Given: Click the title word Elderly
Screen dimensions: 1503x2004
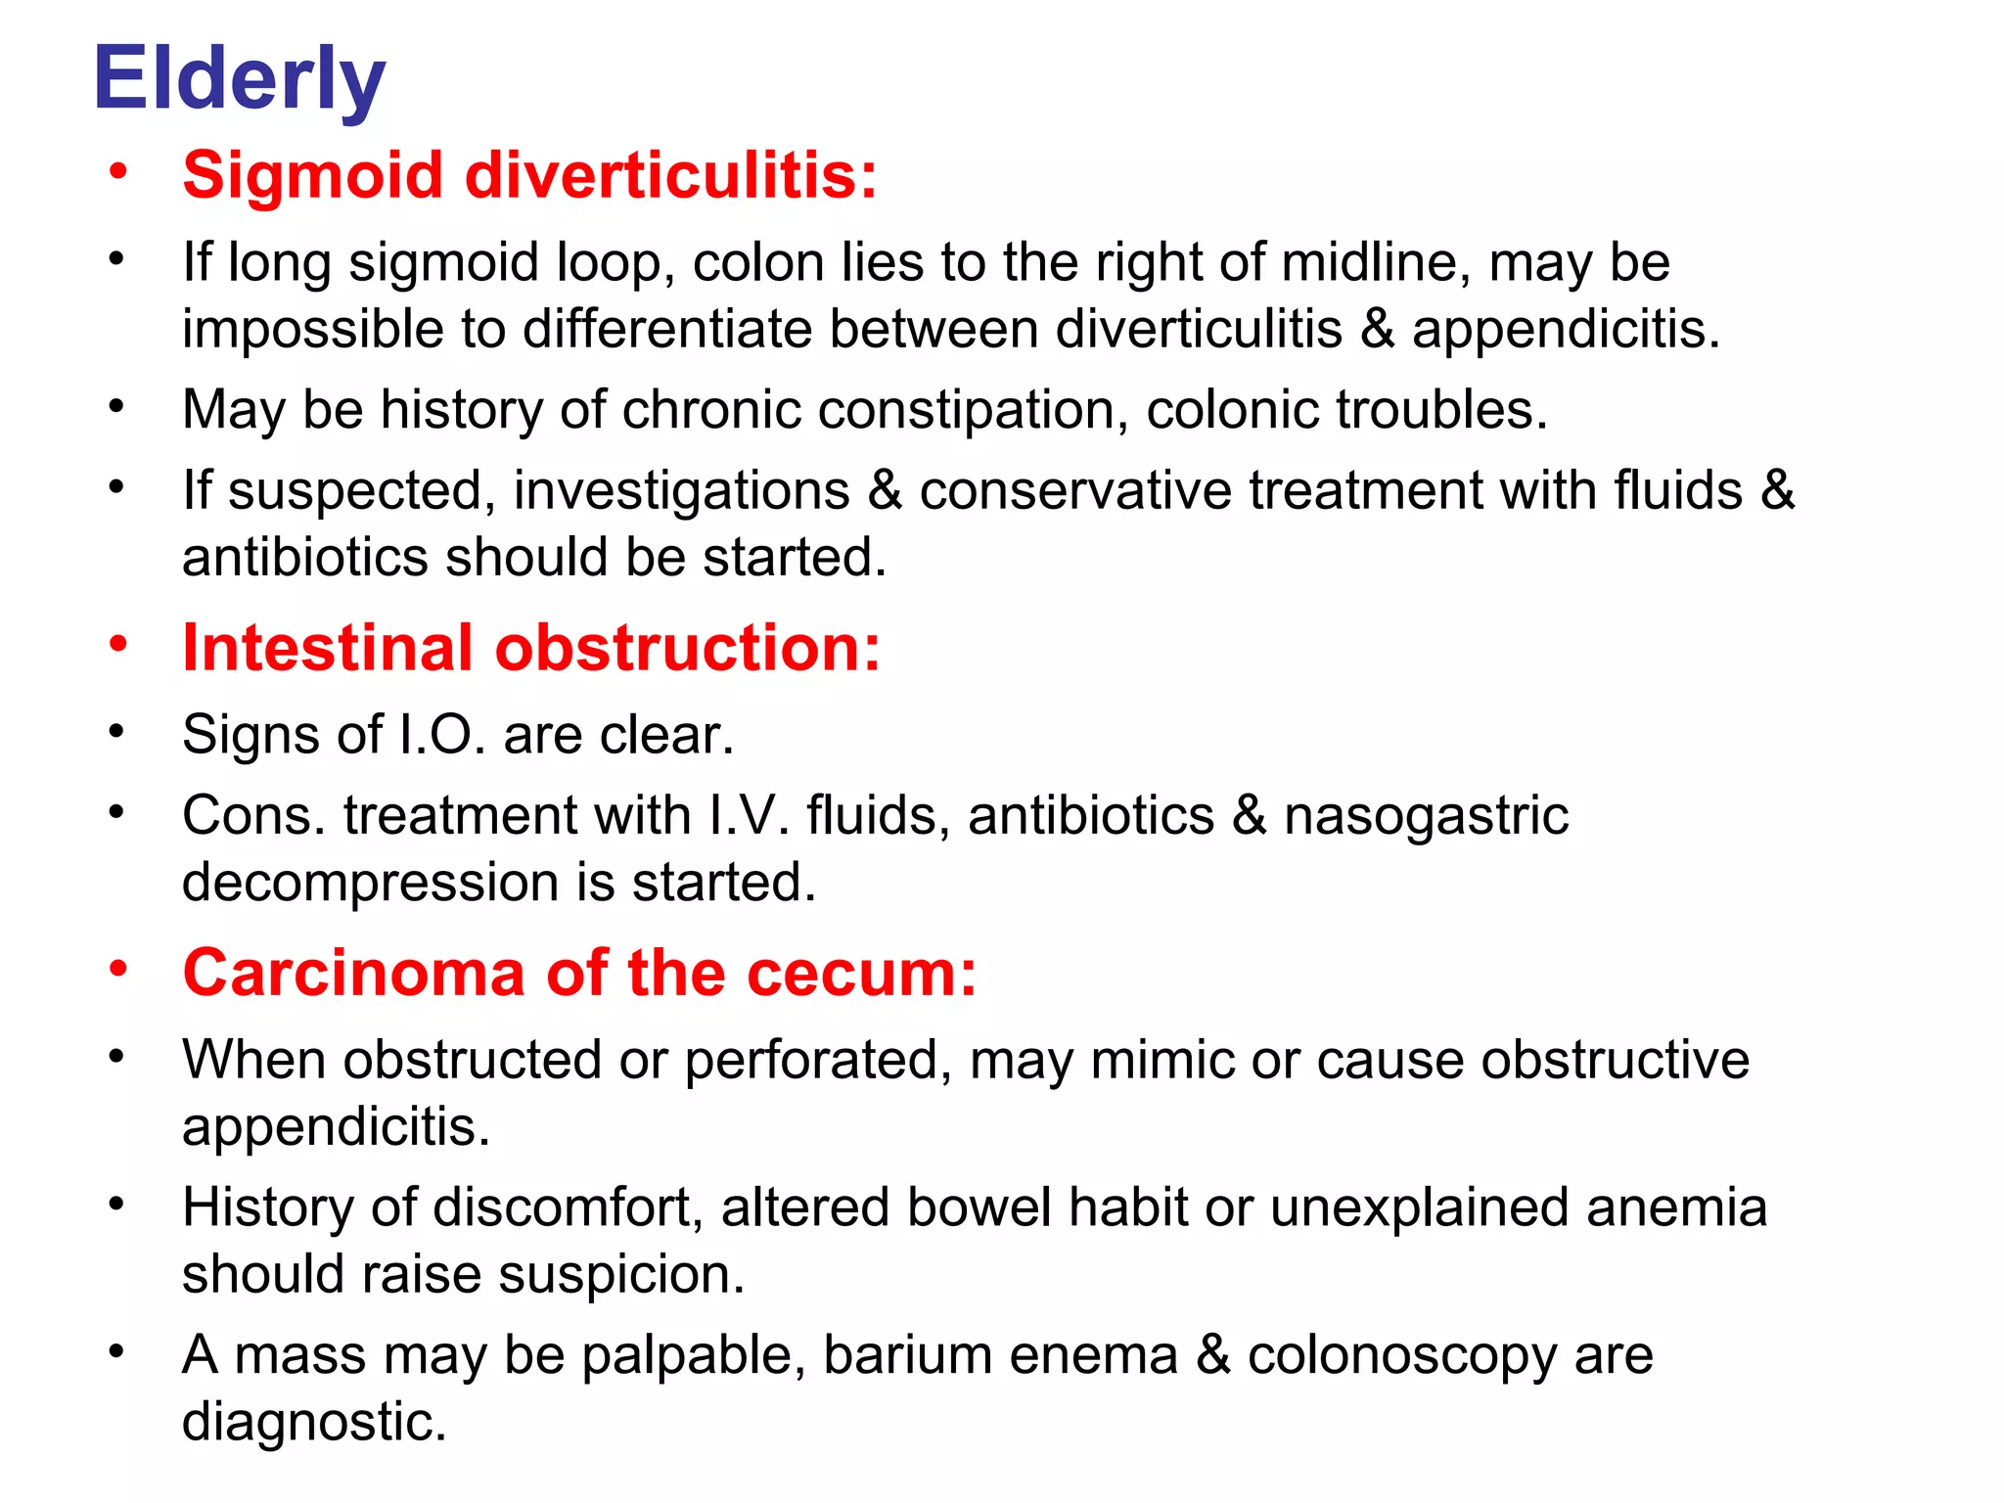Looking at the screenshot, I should tap(239, 80).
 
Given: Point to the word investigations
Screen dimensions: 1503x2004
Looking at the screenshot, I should tap(681, 490).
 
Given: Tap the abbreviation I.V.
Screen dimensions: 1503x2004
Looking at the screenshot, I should tap(749, 815).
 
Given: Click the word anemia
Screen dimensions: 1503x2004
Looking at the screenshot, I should tap(1676, 1207).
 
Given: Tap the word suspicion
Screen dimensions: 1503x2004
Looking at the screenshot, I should tap(621, 1275).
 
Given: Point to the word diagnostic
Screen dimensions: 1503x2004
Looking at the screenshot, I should tap(314, 1422).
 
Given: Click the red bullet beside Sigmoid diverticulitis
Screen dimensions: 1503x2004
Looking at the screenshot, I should tap(118, 172).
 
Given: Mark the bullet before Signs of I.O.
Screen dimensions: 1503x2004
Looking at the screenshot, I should tap(117, 731).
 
